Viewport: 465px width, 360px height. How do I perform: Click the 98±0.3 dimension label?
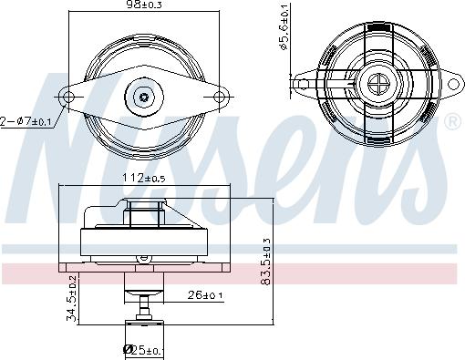(x=145, y=5)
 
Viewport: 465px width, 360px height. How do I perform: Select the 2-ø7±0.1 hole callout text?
(x=26, y=122)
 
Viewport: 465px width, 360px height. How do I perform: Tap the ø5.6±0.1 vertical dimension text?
(x=284, y=26)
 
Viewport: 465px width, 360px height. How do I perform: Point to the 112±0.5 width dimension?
(x=144, y=178)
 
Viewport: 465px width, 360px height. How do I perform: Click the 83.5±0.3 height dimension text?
(x=266, y=262)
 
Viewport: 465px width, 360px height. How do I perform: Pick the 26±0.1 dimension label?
(x=205, y=294)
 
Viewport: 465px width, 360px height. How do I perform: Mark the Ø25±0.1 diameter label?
(x=143, y=350)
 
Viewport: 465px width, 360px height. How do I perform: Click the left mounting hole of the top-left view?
(x=68, y=98)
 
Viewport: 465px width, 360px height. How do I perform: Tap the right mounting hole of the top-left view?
(x=219, y=98)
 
